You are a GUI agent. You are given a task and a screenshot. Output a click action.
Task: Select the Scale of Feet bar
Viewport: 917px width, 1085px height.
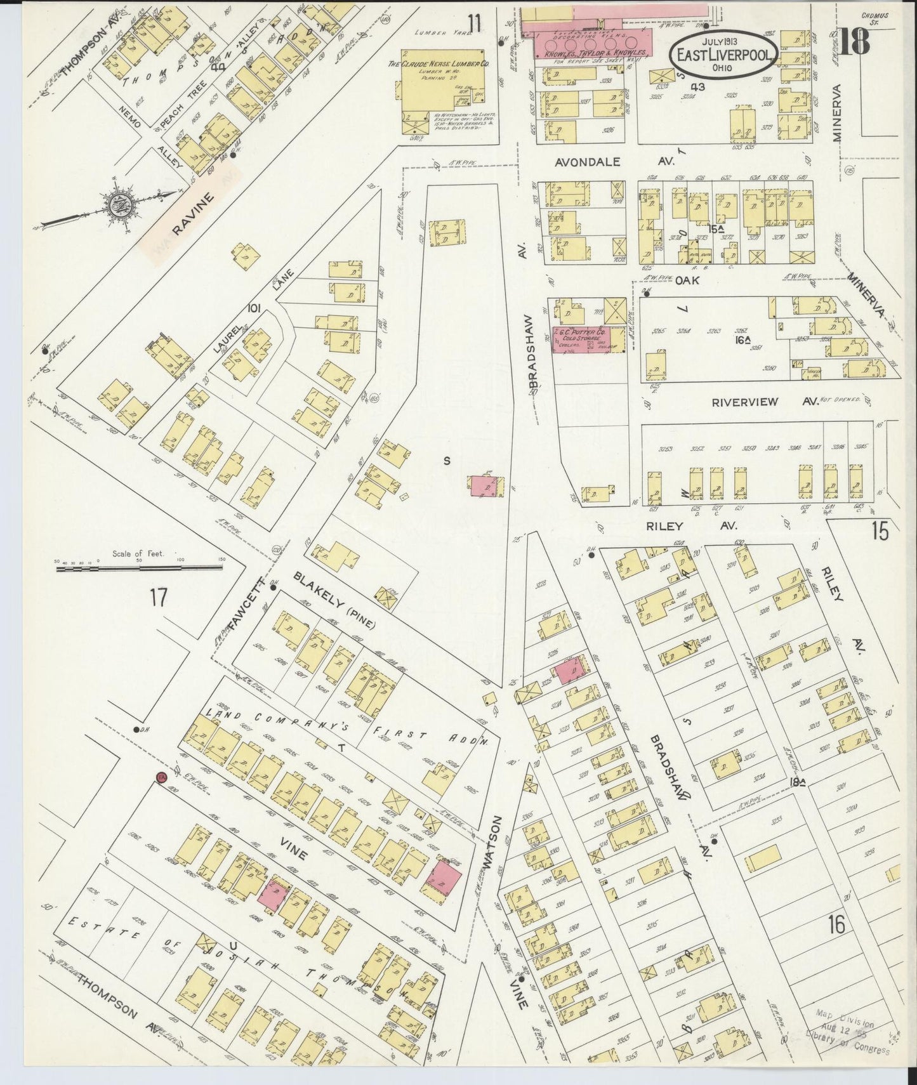[140, 569]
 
